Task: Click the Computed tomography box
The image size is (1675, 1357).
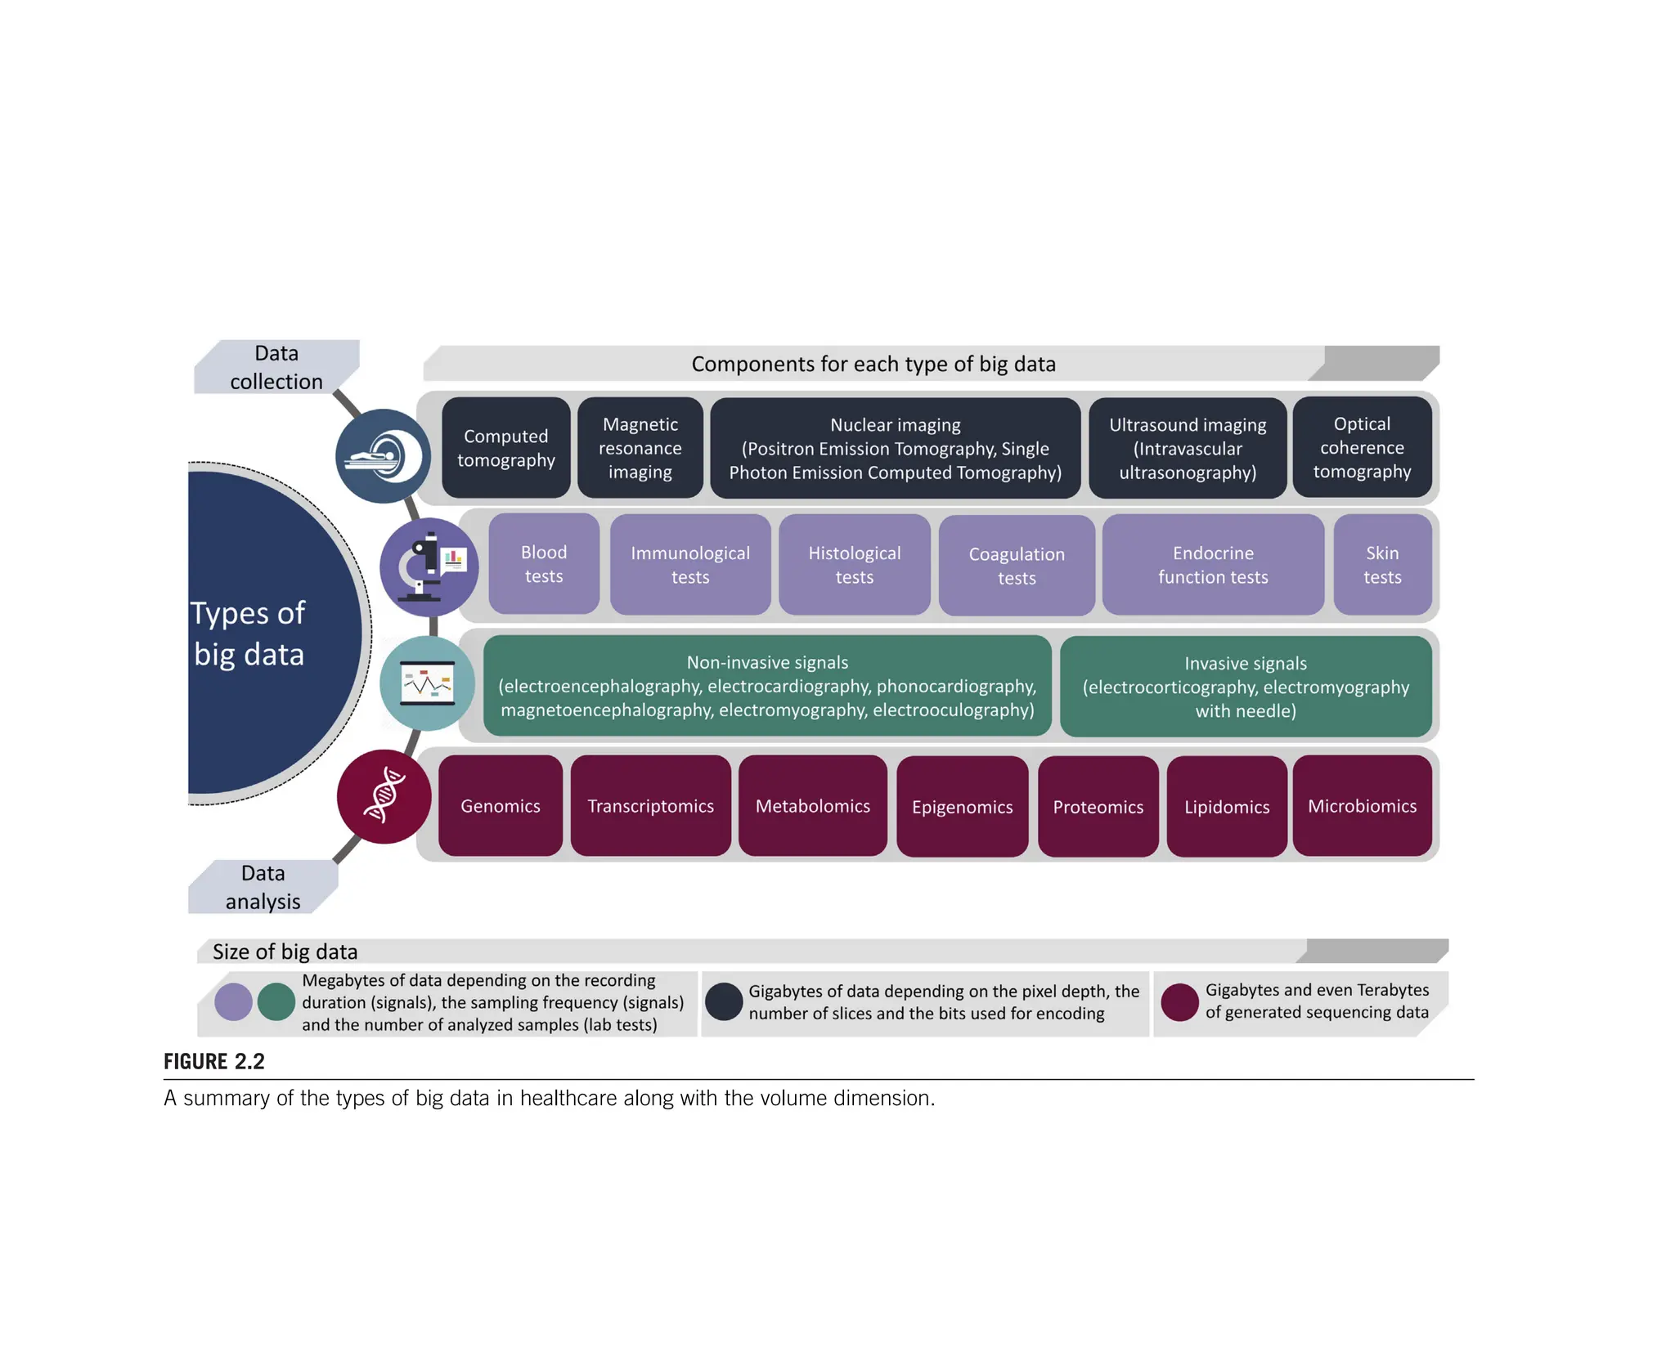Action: (505, 448)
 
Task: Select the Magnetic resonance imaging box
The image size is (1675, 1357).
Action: (640, 448)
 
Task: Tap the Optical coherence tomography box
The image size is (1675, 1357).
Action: (1362, 447)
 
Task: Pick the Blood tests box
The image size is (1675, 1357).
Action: (544, 564)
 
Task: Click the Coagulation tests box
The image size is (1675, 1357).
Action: (1017, 566)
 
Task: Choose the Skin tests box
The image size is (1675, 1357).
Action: (1382, 565)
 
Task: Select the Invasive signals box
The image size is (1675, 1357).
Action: (1245, 687)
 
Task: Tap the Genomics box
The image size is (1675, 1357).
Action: (500, 806)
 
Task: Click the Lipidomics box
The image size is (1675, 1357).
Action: (1227, 807)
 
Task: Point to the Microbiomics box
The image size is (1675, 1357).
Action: (1362, 806)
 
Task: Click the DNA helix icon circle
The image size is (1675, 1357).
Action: (384, 796)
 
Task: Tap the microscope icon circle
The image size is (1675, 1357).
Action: (429, 567)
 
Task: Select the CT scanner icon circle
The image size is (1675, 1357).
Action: (383, 456)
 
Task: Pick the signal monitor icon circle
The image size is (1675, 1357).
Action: (427, 683)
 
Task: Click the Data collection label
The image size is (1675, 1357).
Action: (276, 367)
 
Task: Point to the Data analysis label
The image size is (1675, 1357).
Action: (263, 887)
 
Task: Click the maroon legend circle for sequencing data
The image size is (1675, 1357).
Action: (1179, 1002)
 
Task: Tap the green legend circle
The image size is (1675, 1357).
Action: (276, 1002)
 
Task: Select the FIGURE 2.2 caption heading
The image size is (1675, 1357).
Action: (214, 1061)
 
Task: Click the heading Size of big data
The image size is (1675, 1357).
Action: (285, 952)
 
